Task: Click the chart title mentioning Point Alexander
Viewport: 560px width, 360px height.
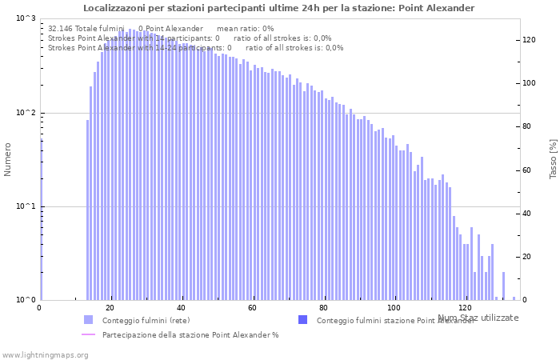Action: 278,8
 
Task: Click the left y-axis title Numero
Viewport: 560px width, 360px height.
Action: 8,159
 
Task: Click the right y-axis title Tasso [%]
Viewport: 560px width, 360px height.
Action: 553,159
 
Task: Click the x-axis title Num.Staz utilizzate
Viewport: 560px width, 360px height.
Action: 478,318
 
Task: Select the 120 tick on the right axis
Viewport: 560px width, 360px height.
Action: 530,40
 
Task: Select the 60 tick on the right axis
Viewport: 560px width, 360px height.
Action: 528,170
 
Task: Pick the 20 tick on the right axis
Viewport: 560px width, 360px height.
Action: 528,257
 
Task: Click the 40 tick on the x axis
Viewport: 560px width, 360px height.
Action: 182,308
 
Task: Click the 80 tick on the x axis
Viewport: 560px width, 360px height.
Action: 323,308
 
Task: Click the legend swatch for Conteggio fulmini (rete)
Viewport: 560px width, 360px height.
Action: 89,320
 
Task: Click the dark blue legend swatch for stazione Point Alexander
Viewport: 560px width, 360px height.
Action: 302,320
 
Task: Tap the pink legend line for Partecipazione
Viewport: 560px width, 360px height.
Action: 89,334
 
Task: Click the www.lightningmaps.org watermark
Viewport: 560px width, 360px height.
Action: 44,354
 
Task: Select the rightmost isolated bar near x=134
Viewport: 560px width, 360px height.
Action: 514,298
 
